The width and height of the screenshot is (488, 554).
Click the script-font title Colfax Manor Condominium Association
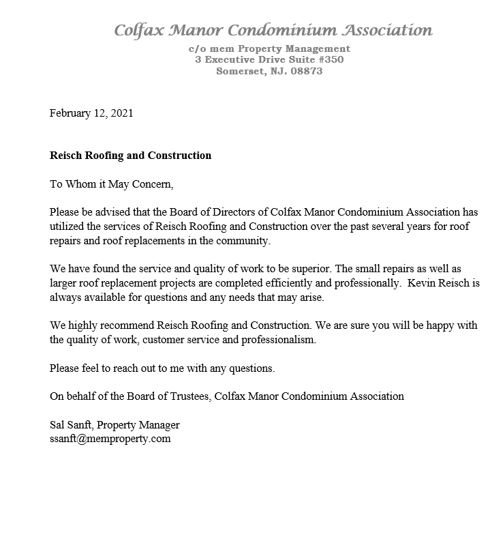click(273, 30)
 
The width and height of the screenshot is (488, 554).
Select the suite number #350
click(327, 60)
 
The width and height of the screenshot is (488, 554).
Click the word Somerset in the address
click(239, 71)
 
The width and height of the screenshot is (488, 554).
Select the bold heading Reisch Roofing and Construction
click(130, 156)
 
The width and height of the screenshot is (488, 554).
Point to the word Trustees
click(189, 396)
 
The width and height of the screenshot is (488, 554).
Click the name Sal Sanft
click(73, 424)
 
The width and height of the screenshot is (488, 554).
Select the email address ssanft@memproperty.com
click(110, 439)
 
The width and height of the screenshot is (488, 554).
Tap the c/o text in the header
click(198, 49)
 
